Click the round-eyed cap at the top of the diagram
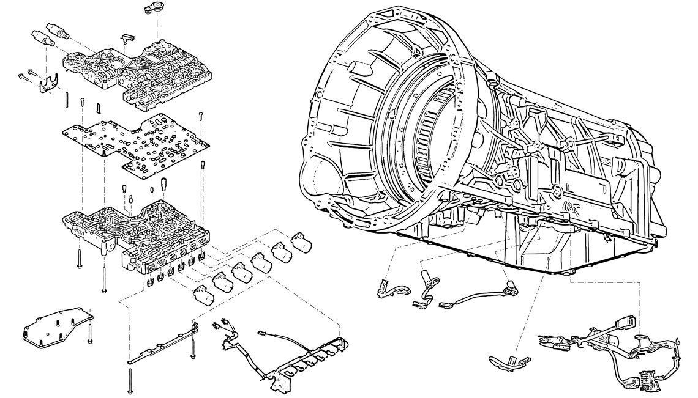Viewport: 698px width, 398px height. [152, 9]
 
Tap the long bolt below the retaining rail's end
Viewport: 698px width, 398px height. [130, 378]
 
